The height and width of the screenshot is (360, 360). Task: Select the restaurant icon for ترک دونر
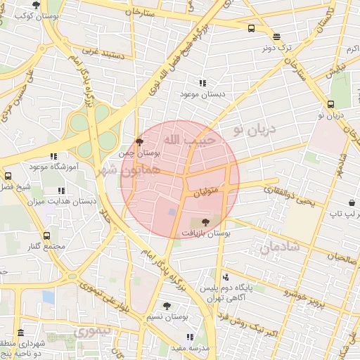tap(276, 37)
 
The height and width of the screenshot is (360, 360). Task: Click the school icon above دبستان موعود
tap(203, 83)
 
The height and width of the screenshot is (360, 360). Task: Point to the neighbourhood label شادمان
tap(280, 247)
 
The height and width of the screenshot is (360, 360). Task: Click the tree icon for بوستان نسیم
tap(167, 306)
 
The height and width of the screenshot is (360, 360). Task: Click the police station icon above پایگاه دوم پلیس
tap(225, 277)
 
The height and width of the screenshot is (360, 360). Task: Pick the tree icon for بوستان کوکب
tap(36, 4)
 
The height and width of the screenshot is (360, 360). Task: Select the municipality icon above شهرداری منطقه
tap(20, 333)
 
